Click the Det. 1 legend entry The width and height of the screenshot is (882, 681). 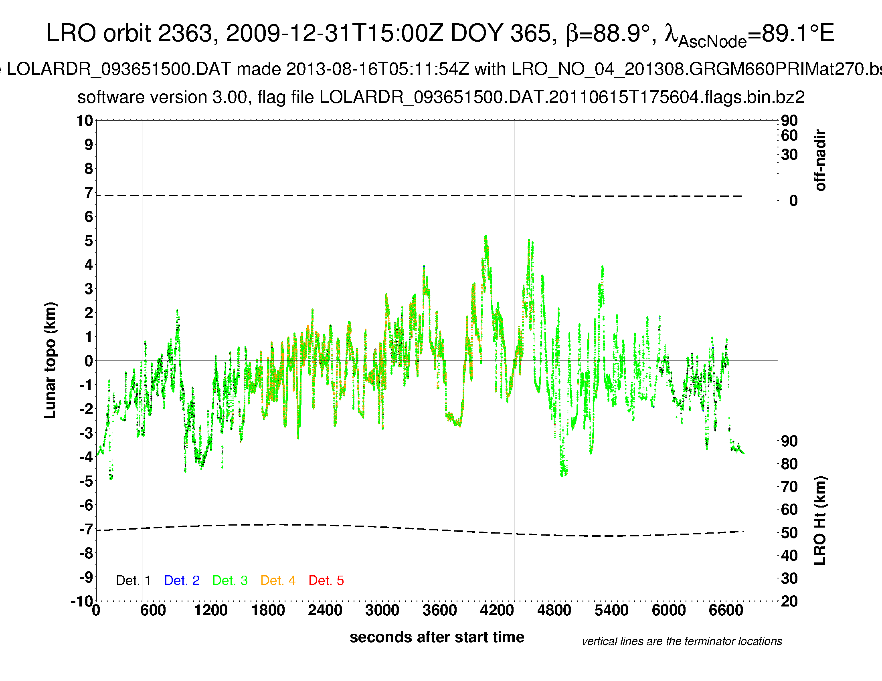click(133, 580)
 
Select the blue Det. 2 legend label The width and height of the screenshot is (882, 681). click(182, 580)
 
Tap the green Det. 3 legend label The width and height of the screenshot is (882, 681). click(230, 580)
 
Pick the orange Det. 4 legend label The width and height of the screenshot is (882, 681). click(278, 580)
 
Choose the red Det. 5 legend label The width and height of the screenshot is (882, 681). click(326, 580)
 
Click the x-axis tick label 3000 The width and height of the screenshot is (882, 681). click(382, 610)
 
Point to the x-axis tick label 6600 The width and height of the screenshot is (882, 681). click(726, 610)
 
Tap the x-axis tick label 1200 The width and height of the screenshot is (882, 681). click(210, 610)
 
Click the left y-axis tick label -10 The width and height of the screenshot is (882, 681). click(82, 602)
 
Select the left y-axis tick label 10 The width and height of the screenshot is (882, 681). click(85, 121)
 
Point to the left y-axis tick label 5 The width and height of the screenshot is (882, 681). click(89, 241)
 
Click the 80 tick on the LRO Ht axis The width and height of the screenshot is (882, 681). click(789, 464)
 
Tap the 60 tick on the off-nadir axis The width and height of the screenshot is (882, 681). click(789, 135)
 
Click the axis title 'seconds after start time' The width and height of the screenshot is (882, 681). click(437, 637)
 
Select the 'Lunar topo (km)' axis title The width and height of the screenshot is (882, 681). click(50, 360)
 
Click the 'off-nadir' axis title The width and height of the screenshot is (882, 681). click(820, 160)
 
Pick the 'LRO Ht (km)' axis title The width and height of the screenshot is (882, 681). click(820, 521)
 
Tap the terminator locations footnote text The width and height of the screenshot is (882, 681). click(682, 641)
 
